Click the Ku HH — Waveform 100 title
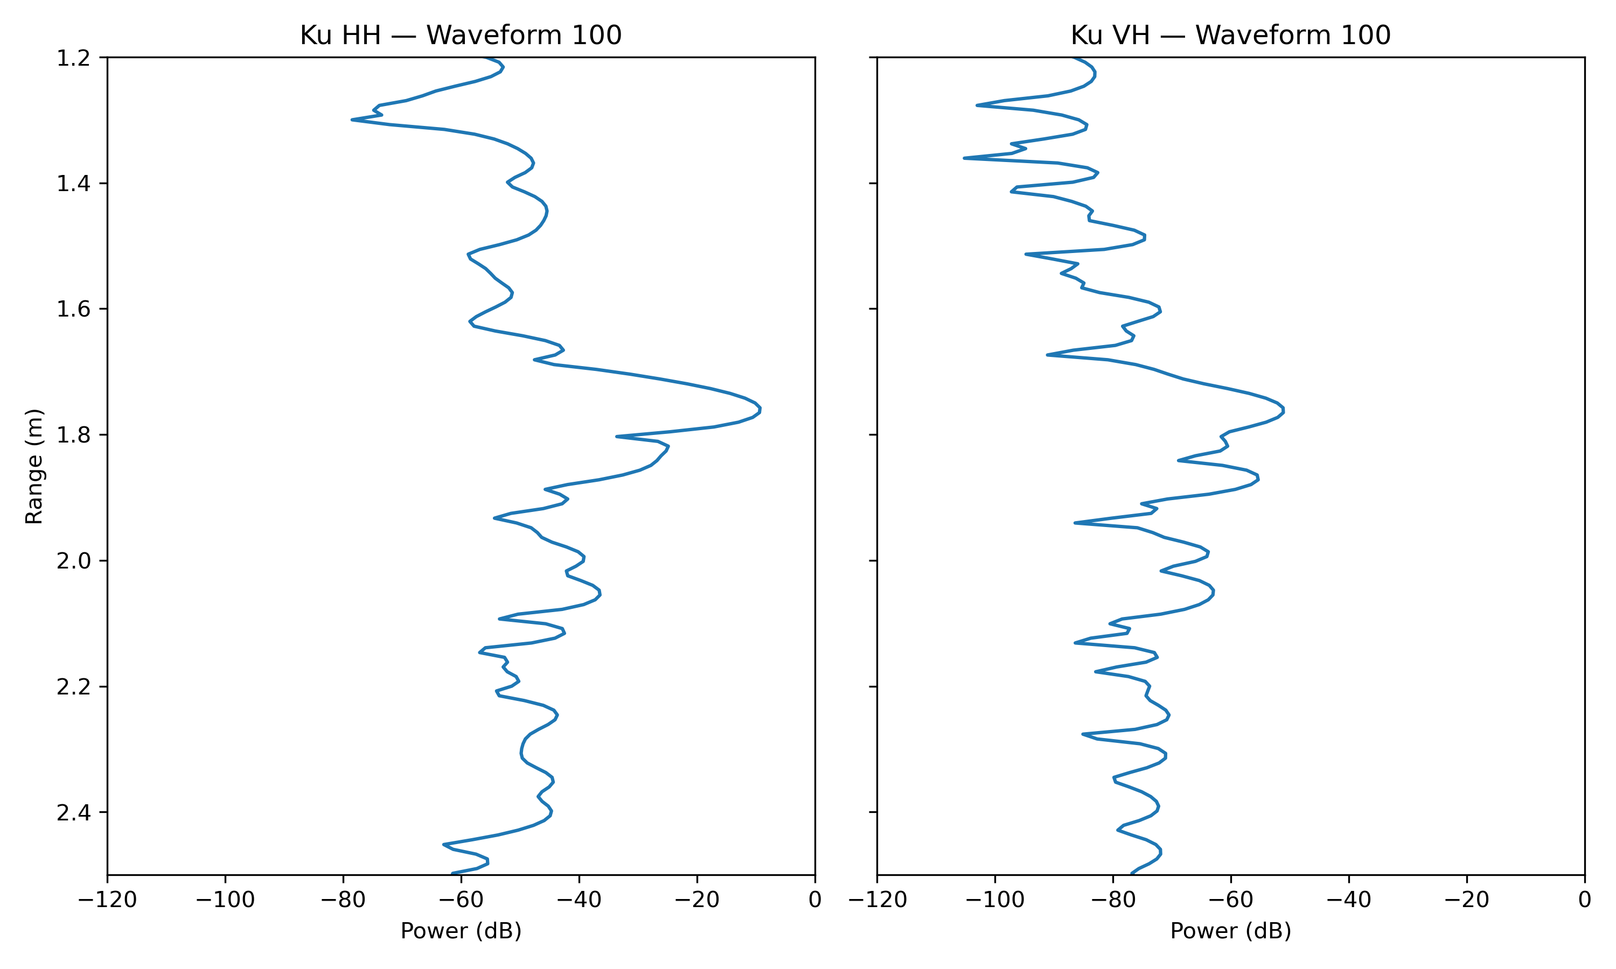click(x=461, y=35)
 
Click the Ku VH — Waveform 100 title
click(x=1230, y=35)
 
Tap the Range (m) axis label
click(x=34, y=466)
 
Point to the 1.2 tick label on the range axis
click(x=73, y=59)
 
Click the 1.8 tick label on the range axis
click(x=73, y=436)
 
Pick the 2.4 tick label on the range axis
click(x=73, y=813)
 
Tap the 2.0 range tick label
click(x=73, y=561)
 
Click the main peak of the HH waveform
click(x=760, y=410)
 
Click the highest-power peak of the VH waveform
click(x=1284, y=410)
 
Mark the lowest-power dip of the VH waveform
click(x=965, y=158)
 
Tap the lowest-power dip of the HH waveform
click(x=352, y=120)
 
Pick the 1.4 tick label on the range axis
click(x=73, y=184)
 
